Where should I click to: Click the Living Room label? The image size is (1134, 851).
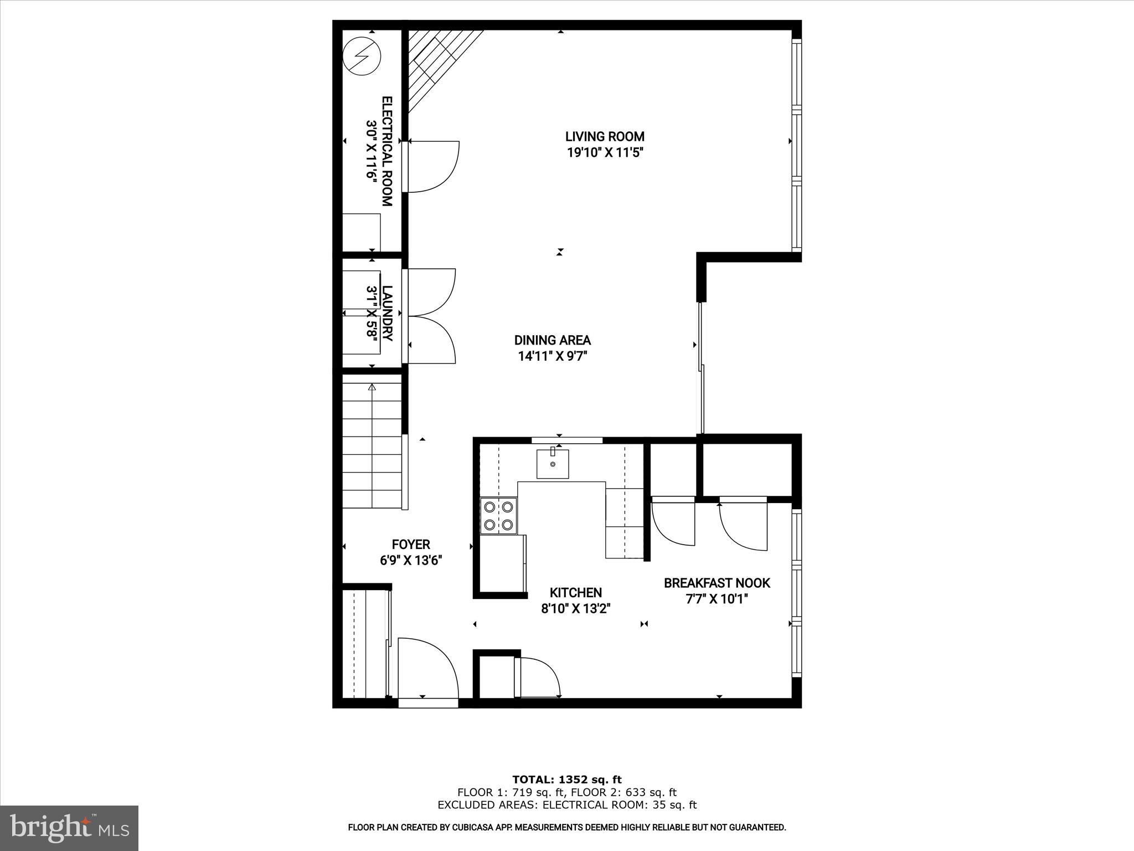[x=605, y=136]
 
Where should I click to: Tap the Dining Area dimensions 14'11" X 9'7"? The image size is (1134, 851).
[x=552, y=356]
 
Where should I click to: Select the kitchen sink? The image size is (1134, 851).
[x=552, y=464]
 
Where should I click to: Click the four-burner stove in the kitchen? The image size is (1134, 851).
[x=498, y=516]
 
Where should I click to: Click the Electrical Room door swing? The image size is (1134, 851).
[x=433, y=167]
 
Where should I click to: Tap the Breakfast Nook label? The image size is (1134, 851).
[x=717, y=583]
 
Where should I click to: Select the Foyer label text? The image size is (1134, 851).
[x=410, y=545]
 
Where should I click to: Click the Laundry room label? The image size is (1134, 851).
[x=387, y=313]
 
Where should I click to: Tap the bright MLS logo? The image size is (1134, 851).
[x=69, y=828]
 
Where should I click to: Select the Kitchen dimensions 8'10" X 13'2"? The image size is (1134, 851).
[x=575, y=609]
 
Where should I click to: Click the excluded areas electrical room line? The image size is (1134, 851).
[x=566, y=805]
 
